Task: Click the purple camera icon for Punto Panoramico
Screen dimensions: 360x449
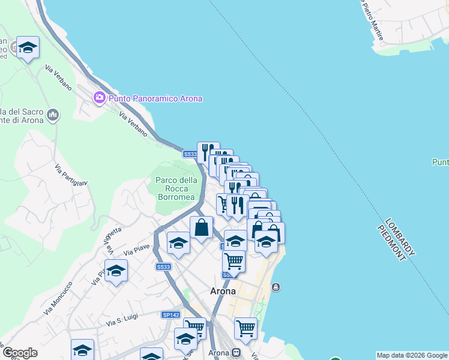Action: tap(99, 97)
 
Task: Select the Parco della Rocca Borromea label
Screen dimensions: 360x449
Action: tap(176, 188)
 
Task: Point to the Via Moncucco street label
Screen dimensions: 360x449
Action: tap(58, 298)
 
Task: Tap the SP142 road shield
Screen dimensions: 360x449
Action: tap(170, 314)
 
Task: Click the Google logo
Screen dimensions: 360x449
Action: tap(20, 353)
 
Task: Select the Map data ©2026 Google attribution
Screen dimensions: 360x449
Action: tap(411, 355)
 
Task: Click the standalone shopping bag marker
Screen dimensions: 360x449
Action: tap(201, 228)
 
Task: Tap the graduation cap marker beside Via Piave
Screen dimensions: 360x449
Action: tap(178, 243)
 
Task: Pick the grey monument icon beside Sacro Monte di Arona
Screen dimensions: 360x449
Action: tap(53, 115)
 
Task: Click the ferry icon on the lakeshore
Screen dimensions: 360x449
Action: tap(276, 287)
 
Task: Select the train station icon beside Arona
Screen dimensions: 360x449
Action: tap(237, 353)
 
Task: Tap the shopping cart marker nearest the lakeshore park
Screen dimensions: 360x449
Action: tap(245, 328)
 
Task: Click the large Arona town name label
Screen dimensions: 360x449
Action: tap(222, 291)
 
